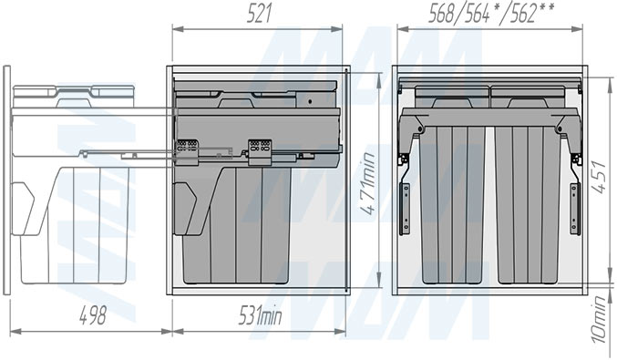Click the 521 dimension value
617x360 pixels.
coord(260,15)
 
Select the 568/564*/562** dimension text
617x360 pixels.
coord(491,15)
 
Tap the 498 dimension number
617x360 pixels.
coord(93,316)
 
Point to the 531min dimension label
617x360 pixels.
coord(260,316)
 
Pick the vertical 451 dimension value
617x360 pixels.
coord(600,177)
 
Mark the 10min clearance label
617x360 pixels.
coord(600,319)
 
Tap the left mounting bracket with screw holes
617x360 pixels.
coord(405,209)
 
